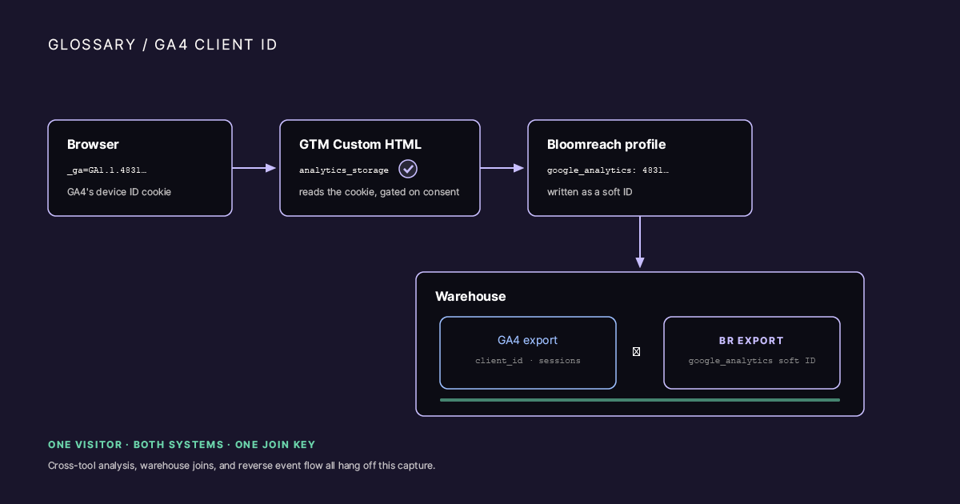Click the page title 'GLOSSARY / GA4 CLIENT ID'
click(162, 45)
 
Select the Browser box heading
click(93, 145)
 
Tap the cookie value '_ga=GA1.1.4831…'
click(106, 170)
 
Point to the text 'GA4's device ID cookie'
click(119, 192)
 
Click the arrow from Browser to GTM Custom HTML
click(254, 168)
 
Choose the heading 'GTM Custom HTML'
click(360, 145)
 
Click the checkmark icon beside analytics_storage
click(408, 169)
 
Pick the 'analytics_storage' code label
click(344, 170)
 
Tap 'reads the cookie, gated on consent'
click(379, 192)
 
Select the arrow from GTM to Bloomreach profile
click(502, 168)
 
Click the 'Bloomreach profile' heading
click(606, 145)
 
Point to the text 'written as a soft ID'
click(590, 192)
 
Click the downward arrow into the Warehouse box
click(640, 242)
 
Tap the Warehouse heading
click(470, 297)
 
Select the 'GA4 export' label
click(527, 340)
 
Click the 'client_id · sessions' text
click(527, 361)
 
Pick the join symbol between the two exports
click(637, 352)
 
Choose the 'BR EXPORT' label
click(751, 341)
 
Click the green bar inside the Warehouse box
click(640, 400)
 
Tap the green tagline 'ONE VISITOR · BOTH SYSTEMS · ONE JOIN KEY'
click(182, 445)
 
